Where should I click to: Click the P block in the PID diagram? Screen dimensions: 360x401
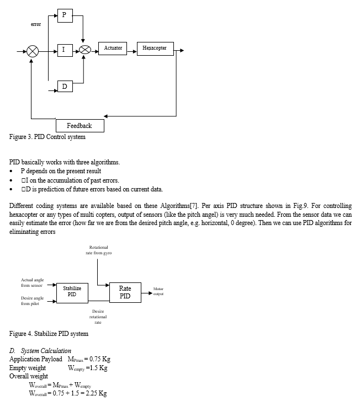pyautogui.click(x=65, y=15)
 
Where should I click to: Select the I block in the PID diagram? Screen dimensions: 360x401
pyautogui.click(x=65, y=50)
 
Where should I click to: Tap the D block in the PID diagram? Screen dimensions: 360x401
pyautogui.click(x=65, y=87)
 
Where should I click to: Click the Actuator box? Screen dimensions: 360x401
pyautogui.click(x=113, y=49)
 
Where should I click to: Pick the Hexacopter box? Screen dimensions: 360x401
pyautogui.click(x=155, y=49)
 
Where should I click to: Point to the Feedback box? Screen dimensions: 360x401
pyautogui.click(x=80, y=126)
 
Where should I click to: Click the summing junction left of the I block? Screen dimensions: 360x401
pyautogui.click(x=33, y=51)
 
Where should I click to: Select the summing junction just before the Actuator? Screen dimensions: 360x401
pyautogui.click(x=85, y=50)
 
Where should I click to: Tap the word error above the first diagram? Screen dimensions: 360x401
pyautogui.click(x=36, y=24)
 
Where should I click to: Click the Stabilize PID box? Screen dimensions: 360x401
pyautogui.click(x=72, y=293)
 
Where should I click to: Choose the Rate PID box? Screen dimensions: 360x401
pyautogui.click(x=125, y=292)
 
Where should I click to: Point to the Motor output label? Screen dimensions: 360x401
pyautogui.click(x=158, y=291)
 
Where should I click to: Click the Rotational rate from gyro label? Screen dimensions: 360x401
pyautogui.click(x=99, y=250)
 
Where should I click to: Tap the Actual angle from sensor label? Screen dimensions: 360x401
pyautogui.click(x=32, y=282)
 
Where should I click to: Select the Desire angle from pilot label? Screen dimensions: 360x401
pyautogui.click(x=32, y=301)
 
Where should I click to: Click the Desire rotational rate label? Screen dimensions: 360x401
pyautogui.click(x=98, y=317)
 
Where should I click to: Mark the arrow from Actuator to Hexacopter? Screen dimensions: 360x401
pyautogui.click(x=132, y=51)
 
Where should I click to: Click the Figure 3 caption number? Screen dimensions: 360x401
pyautogui.click(x=29, y=137)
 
